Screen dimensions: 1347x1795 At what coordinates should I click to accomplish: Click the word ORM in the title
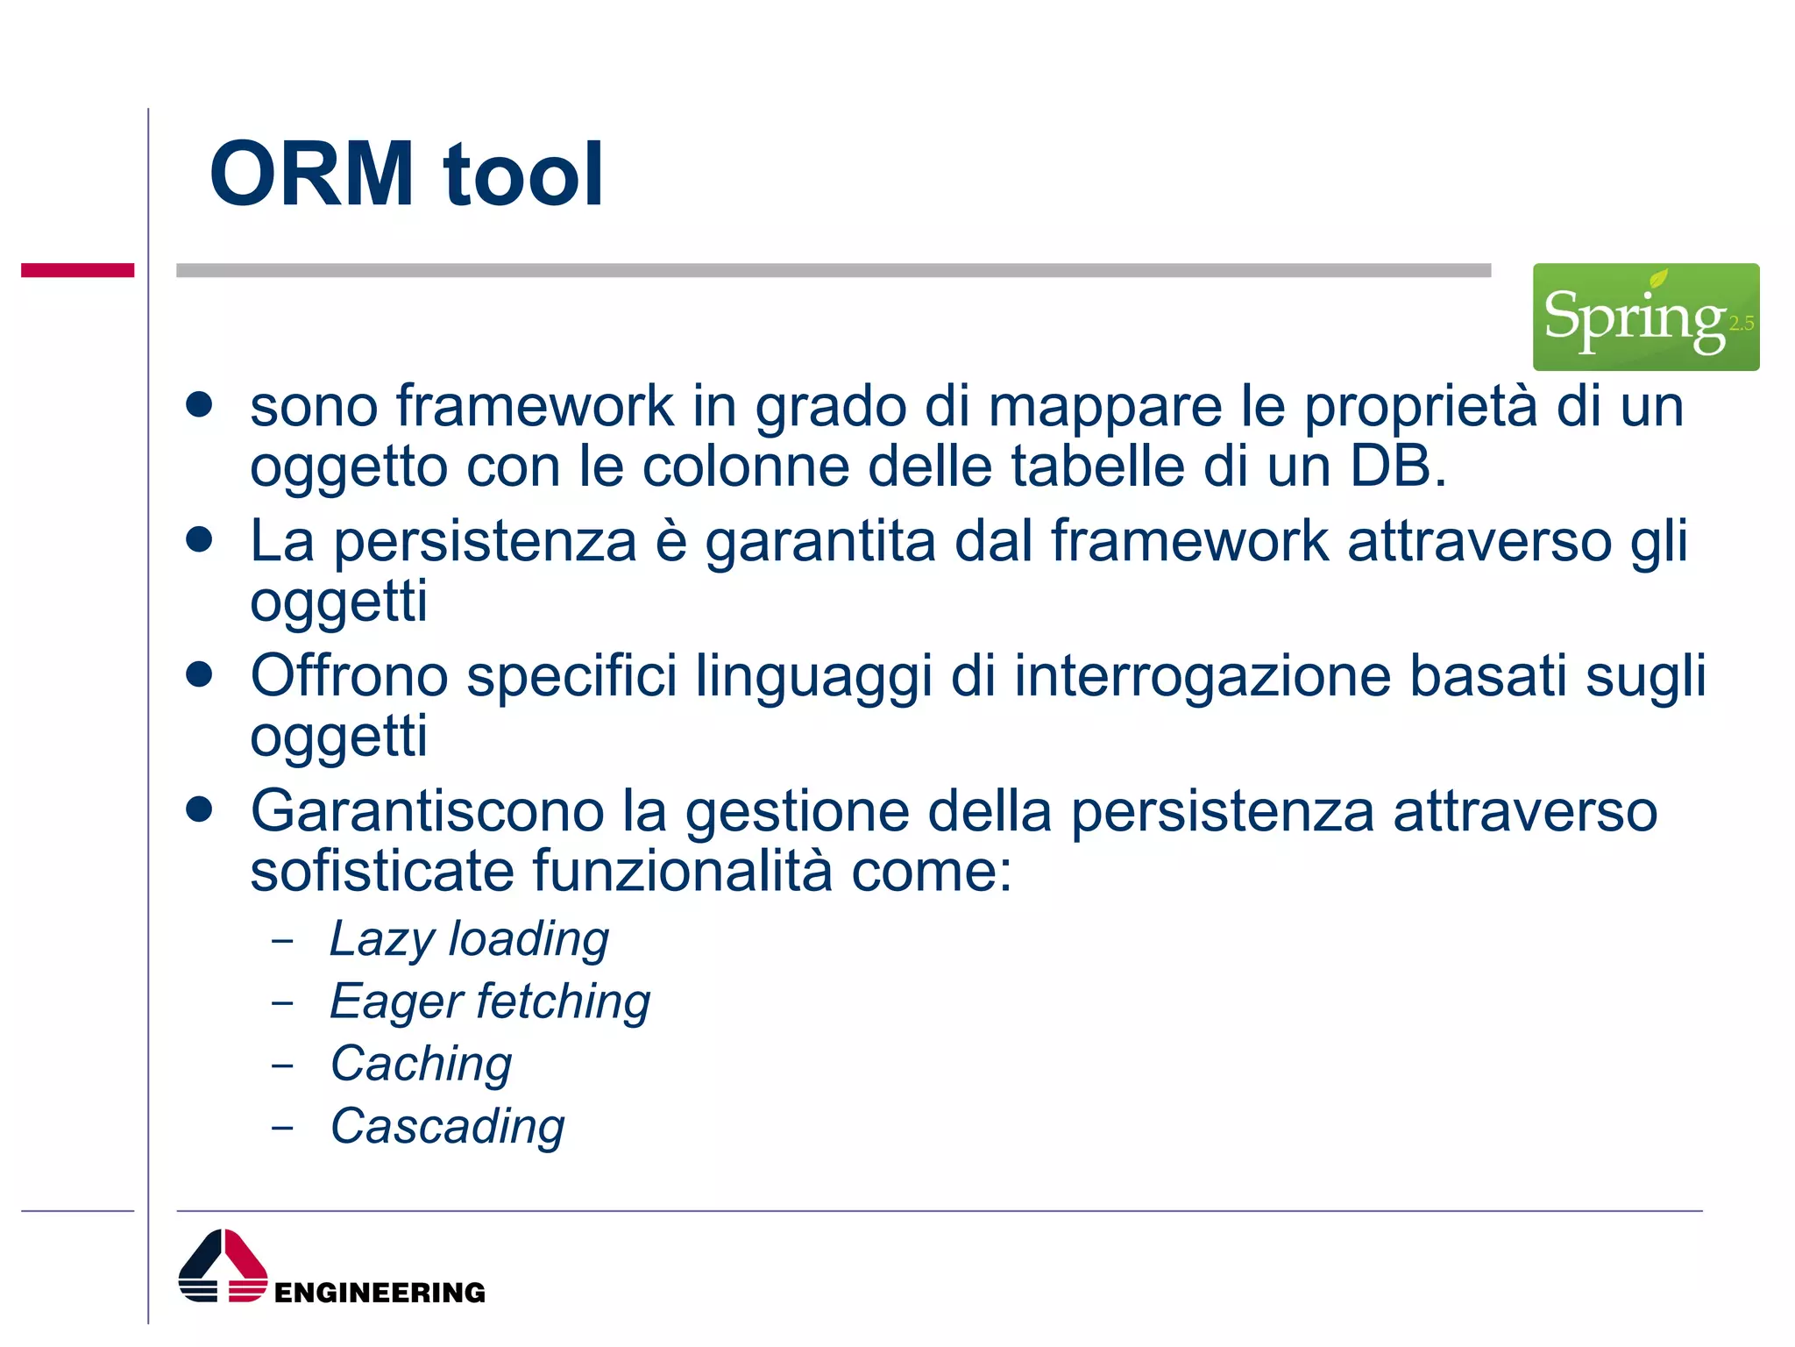[311, 175]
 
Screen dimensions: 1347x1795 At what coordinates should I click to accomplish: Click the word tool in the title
[523, 175]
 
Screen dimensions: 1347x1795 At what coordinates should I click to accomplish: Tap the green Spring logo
[1644, 317]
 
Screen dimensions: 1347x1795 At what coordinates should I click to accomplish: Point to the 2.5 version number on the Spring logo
[1741, 324]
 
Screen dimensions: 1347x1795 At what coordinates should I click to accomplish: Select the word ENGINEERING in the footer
[380, 1293]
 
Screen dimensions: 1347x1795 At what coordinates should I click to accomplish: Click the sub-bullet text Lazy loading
[469, 939]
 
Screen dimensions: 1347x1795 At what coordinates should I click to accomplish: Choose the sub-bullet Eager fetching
[490, 1001]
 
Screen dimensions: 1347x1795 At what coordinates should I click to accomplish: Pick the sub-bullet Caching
[421, 1064]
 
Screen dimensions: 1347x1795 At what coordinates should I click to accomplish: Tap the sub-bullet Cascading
[447, 1126]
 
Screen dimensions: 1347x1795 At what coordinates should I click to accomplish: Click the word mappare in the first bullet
[1104, 408]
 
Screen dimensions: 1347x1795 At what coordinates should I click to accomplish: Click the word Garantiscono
[427, 811]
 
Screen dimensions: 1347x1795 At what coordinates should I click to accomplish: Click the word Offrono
[349, 677]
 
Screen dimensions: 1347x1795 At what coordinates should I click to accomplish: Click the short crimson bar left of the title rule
[77, 270]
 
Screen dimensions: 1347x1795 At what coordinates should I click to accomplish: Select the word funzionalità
[682, 872]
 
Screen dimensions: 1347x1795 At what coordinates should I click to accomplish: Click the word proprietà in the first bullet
[1420, 408]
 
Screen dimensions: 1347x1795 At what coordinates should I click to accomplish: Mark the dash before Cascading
[282, 1127]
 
